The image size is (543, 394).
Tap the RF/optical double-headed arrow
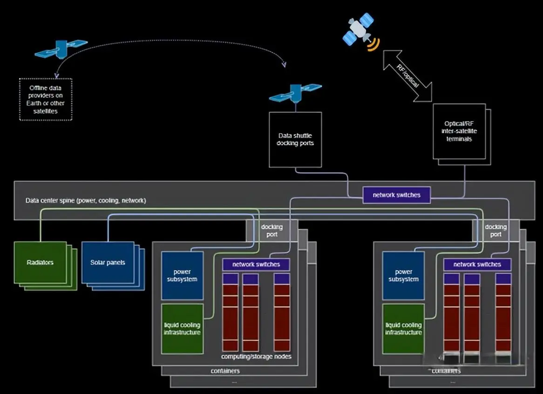[x=407, y=76]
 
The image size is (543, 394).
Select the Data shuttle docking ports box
[x=295, y=139]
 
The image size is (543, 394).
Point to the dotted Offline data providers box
[x=46, y=99]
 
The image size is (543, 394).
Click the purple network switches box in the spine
[x=396, y=195]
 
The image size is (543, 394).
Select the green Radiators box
[x=40, y=262]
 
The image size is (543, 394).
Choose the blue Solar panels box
[x=108, y=262]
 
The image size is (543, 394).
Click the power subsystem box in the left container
[x=182, y=275]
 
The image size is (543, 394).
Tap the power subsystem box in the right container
[x=403, y=275]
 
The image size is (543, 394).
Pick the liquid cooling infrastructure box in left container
[x=182, y=328]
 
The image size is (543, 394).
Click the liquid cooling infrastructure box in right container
[x=403, y=328]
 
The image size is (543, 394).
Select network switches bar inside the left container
[x=256, y=264]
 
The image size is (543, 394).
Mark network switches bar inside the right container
[x=477, y=264]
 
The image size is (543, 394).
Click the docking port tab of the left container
[x=272, y=231]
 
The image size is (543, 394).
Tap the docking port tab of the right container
[x=495, y=231]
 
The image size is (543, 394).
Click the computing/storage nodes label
[x=256, y=356]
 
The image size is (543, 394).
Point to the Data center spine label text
[x=86, y=201]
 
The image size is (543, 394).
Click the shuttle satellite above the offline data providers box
[x=61, y=47]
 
